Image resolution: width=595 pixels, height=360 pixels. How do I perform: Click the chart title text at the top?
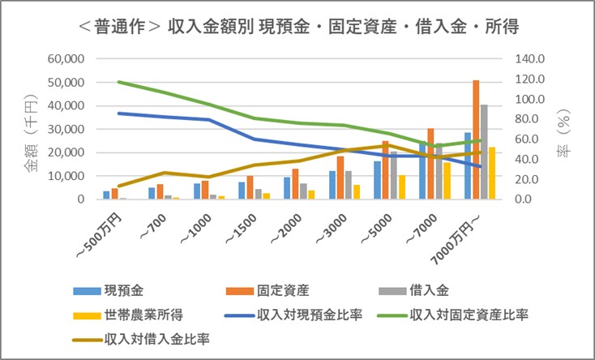click(298, 27)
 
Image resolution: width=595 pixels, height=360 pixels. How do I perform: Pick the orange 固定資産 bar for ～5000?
click(385, 170)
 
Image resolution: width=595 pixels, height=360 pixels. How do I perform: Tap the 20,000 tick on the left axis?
click(68, 152)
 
